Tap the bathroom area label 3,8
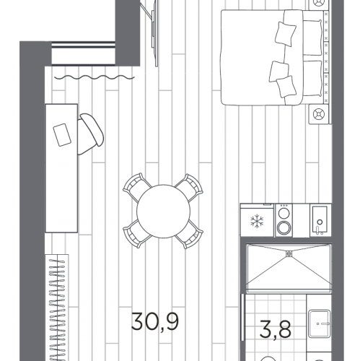pyautogui.click(x=276, y=329)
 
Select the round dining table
pyautogui.click(x=163, y=212)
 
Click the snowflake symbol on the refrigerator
pyautogui.click(x=257, y=222)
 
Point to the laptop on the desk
pyautogui.click(x=62, y=135)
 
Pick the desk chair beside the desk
pyautogui.click(x=91, y=134)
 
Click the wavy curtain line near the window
pyautogui.click(x=95, y=77)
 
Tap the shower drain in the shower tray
pyautogui.click(x=289, y=253)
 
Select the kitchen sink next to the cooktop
pyautogui.click(x=320, y=220)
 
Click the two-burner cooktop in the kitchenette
pyautogui.click(x=284, y=220)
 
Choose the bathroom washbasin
pyautogui.click(x=320, y=323)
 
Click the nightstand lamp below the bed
pyautogui.click(x=320, y=114)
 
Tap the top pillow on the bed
pyautogui.click(x=285, y=34)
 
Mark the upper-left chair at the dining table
pyautogui.click(x=136, y=187)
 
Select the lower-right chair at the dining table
pyautogui.click(x=190, y=235)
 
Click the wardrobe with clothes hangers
pyautogui.click(x=57, y=308)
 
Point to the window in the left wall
pyautogui.click(x=84, y=53)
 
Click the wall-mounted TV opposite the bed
pyautogui.click(x=154, y=32)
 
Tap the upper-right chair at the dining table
pyautogui.click(x=190, y=188)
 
